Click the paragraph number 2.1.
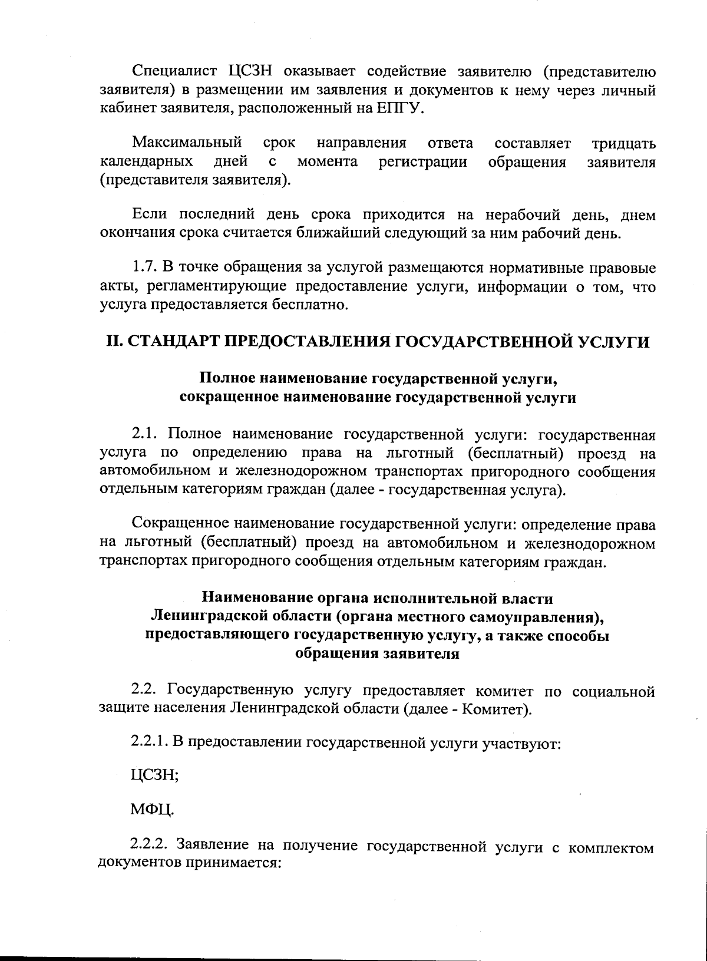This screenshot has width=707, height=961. (144, 435)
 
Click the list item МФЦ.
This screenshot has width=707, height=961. (153, 811)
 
